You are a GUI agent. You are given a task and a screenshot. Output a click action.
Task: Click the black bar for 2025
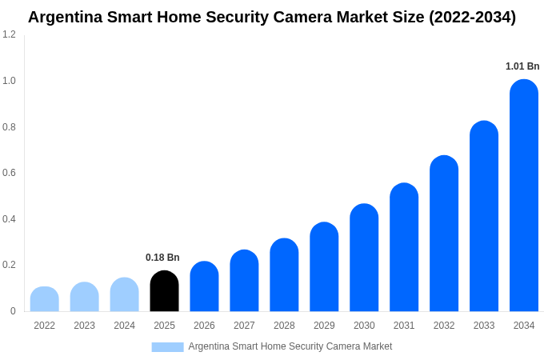(x=164, y=292)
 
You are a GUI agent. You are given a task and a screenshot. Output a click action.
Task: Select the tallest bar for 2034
(x=524, y=196)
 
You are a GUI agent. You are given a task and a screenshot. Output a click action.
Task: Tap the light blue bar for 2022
(x=45, y=299)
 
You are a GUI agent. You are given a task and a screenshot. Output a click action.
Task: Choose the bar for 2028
(x=284, y=275)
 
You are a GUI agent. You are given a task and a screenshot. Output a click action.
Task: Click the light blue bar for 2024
(x=124, y=295)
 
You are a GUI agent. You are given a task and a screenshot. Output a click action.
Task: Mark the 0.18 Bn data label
(x=162, y=258)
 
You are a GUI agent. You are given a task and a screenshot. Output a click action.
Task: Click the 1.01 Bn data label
(x=522, y=66)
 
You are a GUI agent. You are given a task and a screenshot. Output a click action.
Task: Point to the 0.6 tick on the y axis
(x=9, y=173)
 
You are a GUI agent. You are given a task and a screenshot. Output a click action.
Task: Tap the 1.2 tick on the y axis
(x=9, y=34)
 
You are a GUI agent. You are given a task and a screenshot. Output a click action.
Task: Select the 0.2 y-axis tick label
(x=9, y=265)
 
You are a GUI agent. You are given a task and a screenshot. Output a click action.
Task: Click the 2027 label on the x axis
(x=244, y=326)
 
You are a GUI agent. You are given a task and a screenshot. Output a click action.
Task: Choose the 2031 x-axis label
(x=404, y=326)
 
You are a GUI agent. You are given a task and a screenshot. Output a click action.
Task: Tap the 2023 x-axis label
(x=84, y=326)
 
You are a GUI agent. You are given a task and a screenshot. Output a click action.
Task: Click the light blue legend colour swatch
(x=167, y=347)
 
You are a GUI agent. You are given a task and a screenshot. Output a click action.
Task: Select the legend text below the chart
(x=290, y=346)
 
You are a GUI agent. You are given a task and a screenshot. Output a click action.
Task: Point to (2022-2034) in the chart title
(x=472, y=17)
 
